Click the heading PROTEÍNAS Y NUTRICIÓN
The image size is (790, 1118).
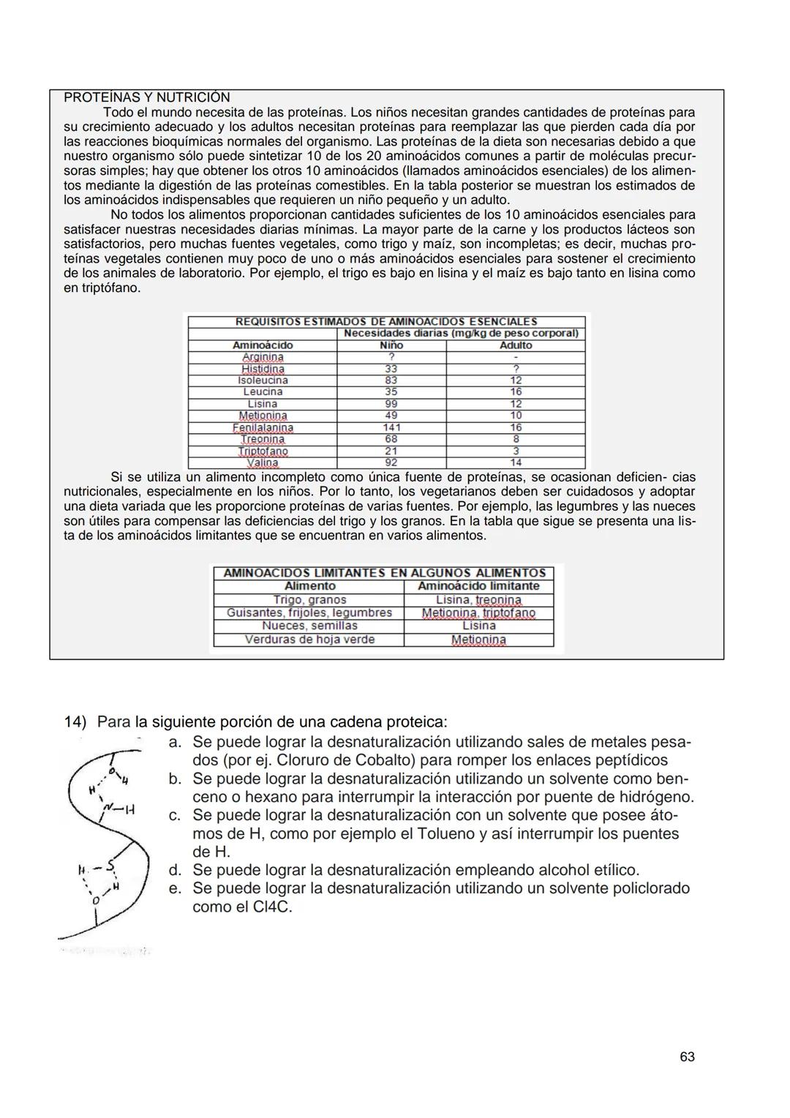[146, 97]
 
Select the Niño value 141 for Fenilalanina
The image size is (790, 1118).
[391, 427]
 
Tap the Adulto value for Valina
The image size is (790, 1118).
[516, 462]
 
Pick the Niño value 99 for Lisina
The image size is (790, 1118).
[391, 404]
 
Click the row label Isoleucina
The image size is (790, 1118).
[263, 380]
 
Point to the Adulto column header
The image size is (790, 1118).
[516, 345]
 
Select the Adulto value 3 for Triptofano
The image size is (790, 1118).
[516, 451]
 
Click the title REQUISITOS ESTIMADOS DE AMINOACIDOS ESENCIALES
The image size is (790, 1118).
[386, 322]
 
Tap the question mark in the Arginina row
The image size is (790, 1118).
[391, 357]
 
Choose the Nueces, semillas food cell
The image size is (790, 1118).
[309, 626]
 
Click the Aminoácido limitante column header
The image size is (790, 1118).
[478, 586]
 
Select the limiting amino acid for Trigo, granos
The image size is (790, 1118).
[478, 600]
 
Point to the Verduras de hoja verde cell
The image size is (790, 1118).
[309, 639]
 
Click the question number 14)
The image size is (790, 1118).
[75, 722]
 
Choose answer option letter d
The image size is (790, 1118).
[175, 870]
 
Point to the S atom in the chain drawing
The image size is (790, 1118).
[110, 867]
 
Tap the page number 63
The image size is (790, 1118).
[687, 1057]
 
